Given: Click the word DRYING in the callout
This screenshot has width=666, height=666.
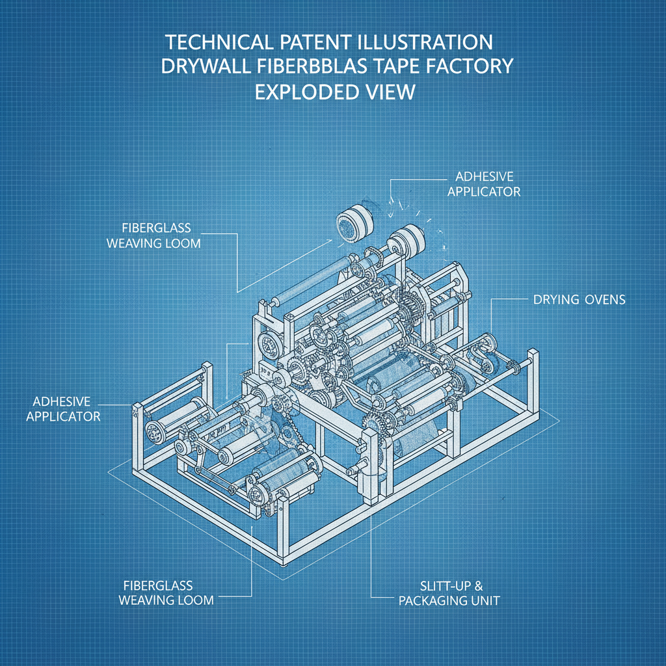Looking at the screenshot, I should pyautogui.click(x=556, y=300).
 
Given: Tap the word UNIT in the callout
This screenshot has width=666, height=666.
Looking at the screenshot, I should pyautogui.click(x=485, y=600).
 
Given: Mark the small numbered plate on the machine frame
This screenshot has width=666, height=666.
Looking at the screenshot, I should pyautogui.click(x=265, y=366).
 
